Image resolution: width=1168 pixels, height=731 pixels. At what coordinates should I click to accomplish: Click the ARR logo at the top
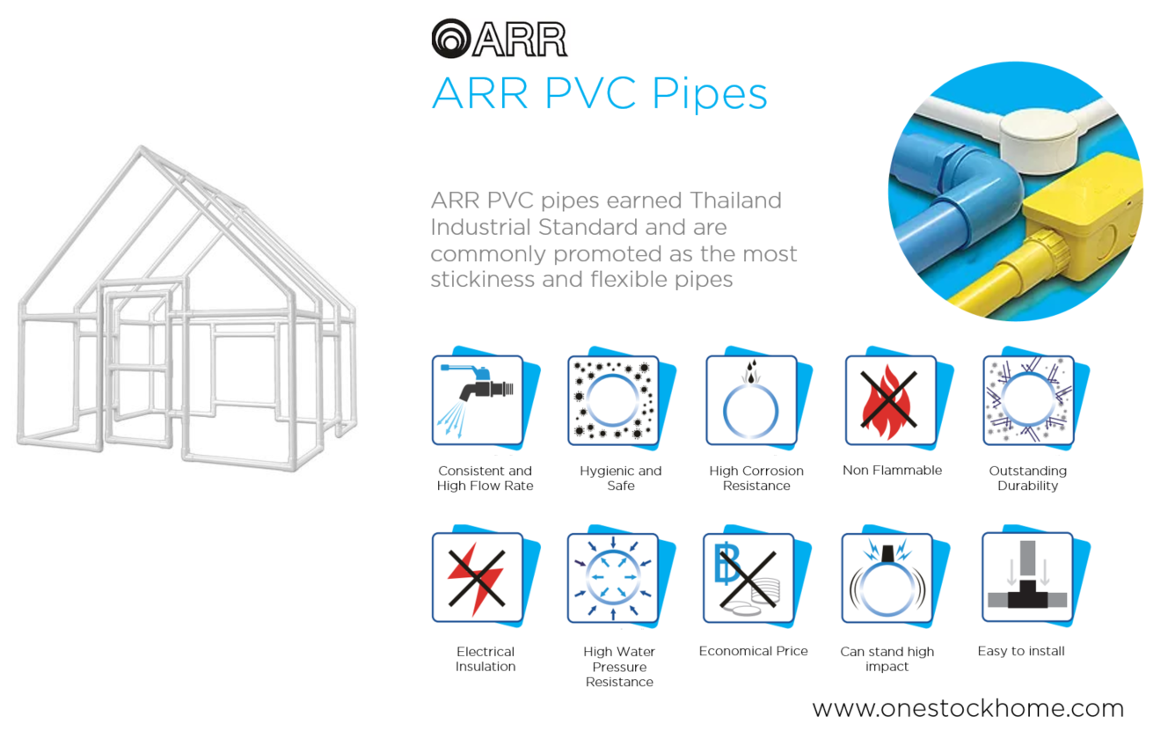point(499,39)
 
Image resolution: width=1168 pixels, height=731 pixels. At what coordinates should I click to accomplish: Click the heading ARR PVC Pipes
point(599,93)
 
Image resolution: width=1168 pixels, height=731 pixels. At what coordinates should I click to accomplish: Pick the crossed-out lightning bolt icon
point(476,578)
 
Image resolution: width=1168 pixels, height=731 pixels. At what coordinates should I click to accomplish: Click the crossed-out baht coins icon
point(748,578)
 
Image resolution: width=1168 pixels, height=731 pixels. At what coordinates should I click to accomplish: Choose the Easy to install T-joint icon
point(1026,578)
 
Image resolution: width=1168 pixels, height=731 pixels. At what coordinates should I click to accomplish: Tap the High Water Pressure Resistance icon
point(612,578)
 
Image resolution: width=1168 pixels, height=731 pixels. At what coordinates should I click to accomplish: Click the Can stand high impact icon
point(887,578)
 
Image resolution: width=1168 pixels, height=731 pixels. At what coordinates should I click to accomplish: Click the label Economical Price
point(753,651)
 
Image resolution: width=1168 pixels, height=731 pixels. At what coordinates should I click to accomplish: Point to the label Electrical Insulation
point(485,659)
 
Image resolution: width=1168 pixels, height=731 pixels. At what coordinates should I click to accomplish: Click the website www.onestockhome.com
point(967,708)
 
